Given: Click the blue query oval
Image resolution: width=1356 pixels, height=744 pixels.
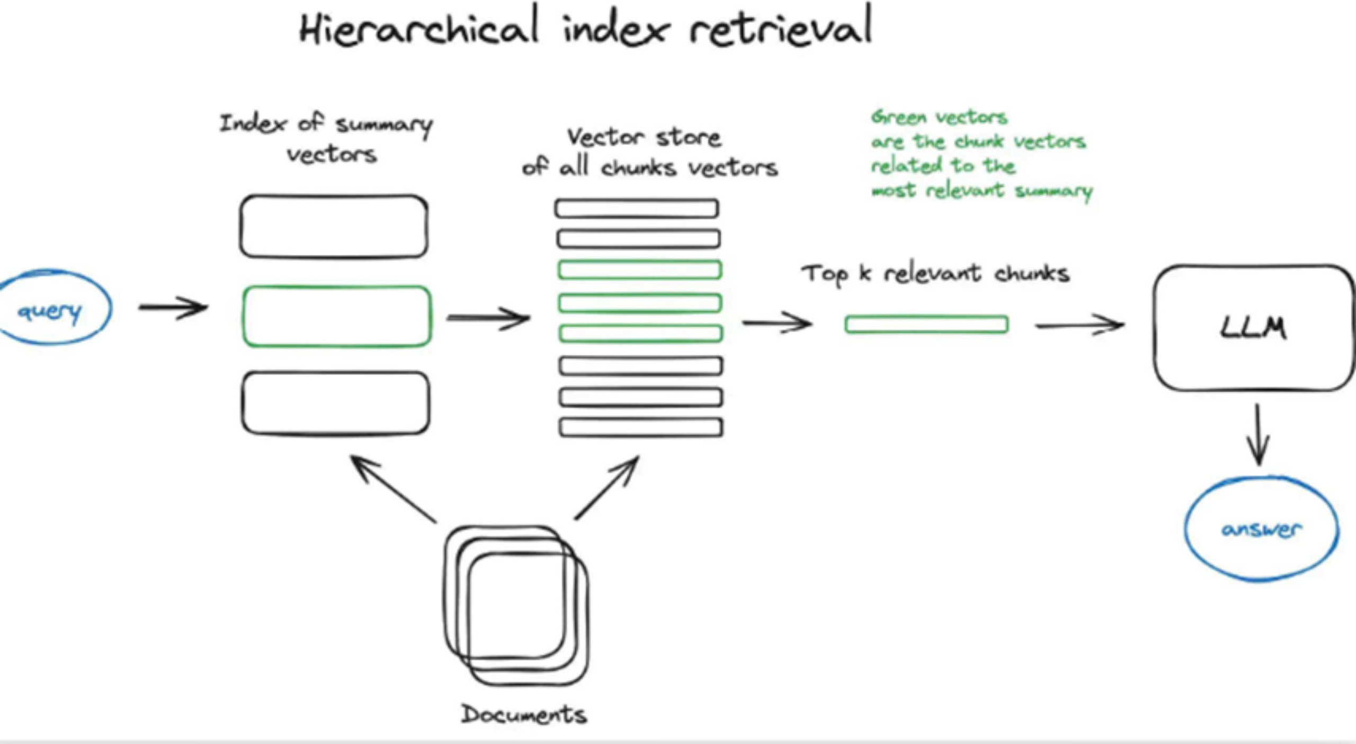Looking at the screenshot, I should point(53,308).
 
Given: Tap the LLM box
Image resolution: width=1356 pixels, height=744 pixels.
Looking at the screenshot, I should point(1253,328).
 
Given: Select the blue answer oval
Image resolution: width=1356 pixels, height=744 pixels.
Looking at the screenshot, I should point(1261,529).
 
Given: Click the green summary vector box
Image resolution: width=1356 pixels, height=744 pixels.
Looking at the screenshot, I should point(337,317).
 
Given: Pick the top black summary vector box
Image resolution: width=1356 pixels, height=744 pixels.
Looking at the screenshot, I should point(334,227).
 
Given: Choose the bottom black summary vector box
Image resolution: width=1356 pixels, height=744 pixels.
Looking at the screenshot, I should point(336,404).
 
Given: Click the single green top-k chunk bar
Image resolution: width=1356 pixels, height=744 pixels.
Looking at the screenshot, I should point(926,324).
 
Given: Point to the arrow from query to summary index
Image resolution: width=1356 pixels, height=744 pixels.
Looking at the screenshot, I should point(173,307).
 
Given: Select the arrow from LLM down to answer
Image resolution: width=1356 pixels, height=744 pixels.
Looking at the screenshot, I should point(1258,434).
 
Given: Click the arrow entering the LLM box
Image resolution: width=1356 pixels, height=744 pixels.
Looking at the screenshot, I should point(1080,325).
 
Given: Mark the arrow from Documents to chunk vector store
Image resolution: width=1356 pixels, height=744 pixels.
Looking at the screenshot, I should point(607,488).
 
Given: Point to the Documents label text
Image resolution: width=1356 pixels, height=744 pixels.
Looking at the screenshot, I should point(524,714).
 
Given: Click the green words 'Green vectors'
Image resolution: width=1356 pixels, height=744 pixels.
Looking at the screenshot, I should point(939,117).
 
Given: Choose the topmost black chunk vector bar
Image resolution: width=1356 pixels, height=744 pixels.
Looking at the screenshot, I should point(637,208).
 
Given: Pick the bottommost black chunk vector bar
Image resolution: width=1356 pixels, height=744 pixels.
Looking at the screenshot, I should point(641,427).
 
